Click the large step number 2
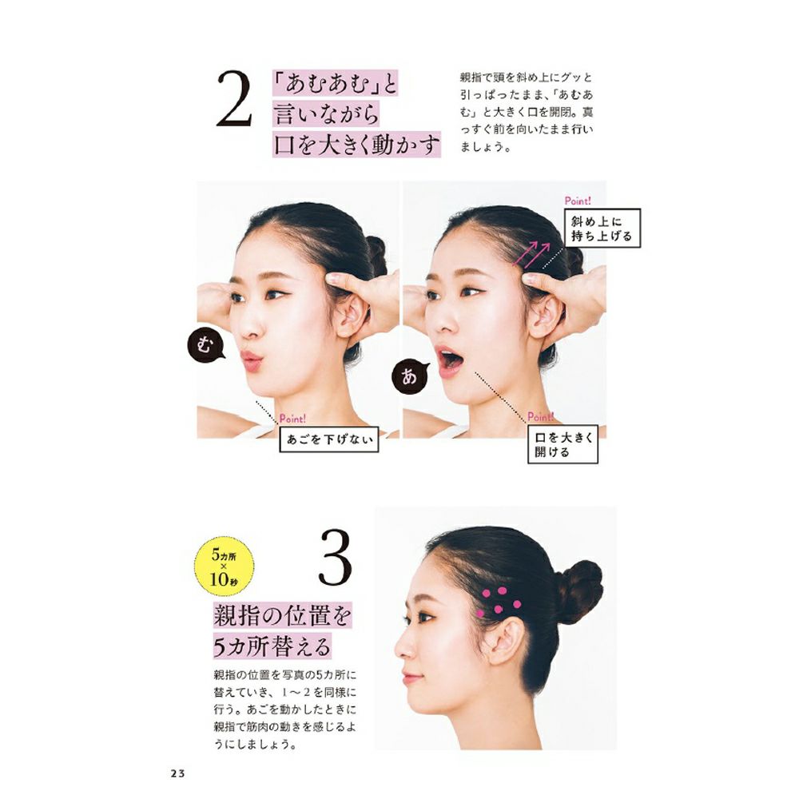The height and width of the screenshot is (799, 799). (x=234, y=99)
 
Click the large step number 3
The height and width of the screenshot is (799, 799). (x=335, y=558)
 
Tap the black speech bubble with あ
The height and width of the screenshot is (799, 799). (x=408, y=376)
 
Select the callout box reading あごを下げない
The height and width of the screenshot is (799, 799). (x=329, y=439)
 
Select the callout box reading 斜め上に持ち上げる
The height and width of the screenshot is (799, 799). (x=602, y=229)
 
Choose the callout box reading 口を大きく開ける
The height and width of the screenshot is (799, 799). (x=562, y=443)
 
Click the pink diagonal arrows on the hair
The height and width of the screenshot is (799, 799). (x=532, y=255)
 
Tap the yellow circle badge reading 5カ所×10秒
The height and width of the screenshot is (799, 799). (x=224, y=566)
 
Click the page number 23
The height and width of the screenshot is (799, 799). (x=178, y=773)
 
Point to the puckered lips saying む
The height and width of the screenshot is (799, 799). (x=251, y=360)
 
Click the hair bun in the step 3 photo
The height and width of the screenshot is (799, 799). (x=580, y=592)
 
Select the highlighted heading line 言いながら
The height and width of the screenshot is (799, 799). (x=326, y=113)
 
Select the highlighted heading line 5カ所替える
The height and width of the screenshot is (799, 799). (x=272, y=646)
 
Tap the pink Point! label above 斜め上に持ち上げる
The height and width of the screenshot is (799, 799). (x=578, y=201)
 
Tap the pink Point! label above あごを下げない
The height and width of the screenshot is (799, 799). (x=292, y=419)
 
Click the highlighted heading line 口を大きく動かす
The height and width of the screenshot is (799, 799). (x=356, y=145)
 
